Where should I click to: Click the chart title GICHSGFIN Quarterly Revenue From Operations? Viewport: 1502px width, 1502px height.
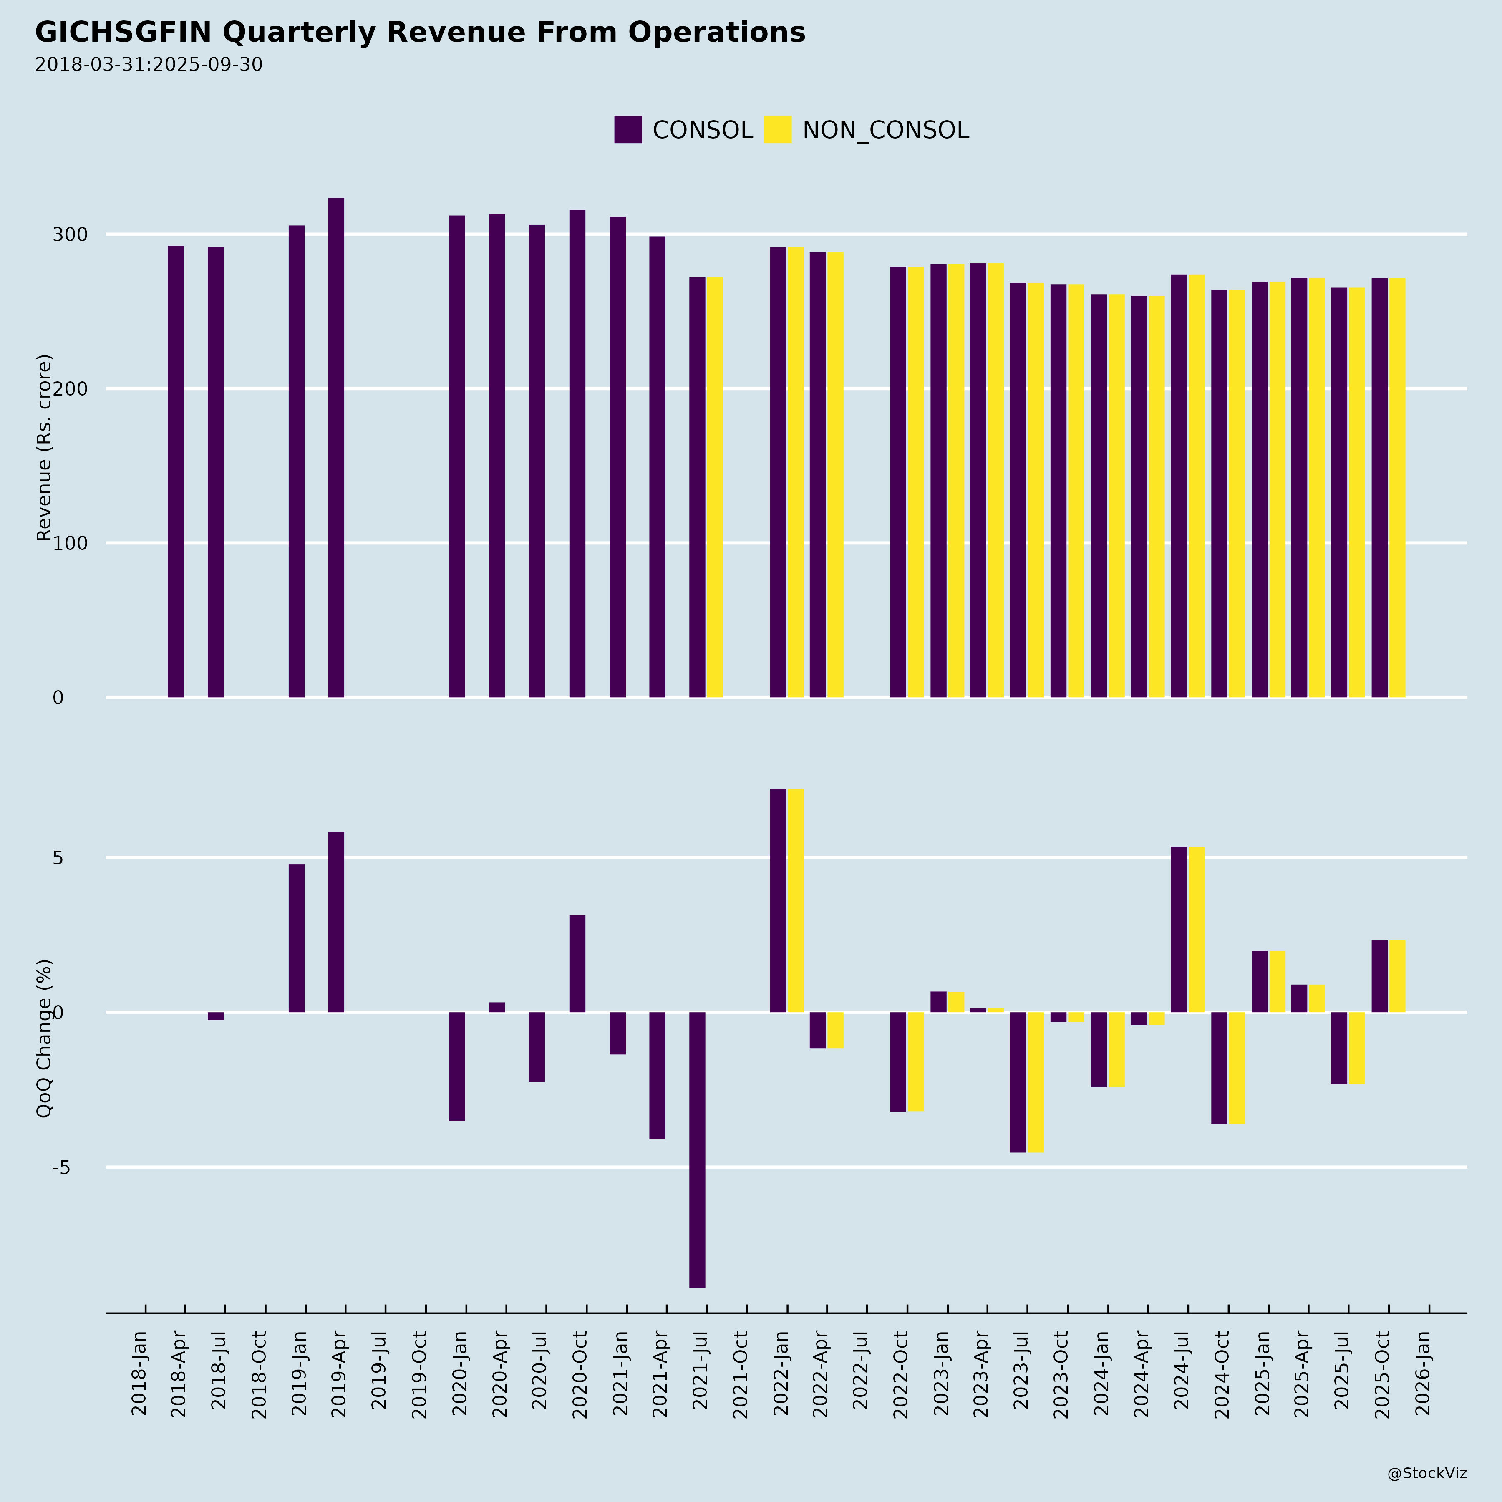(420, 33)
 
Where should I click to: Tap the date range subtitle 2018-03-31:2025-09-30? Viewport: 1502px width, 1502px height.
(149, 65)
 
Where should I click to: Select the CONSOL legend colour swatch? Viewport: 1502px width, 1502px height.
(628, 129)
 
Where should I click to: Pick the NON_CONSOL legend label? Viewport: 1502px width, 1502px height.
(885, 130)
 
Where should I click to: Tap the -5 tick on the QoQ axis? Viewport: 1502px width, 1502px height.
(61, 1167)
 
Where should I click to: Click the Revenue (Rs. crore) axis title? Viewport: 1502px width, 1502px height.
(44, 448)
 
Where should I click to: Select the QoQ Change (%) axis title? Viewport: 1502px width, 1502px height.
(44, 1038)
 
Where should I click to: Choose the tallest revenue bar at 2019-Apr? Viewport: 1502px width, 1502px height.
(336, 447)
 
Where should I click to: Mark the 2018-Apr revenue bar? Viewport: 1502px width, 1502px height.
(176, 471)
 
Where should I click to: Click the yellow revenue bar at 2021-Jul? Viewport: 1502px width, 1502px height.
(714, 487)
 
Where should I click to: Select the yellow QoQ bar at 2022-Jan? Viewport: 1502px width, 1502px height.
(795, 900)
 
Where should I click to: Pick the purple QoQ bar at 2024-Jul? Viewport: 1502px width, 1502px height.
(1179, 929)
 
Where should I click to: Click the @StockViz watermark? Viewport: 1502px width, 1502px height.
(1426, 1473)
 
